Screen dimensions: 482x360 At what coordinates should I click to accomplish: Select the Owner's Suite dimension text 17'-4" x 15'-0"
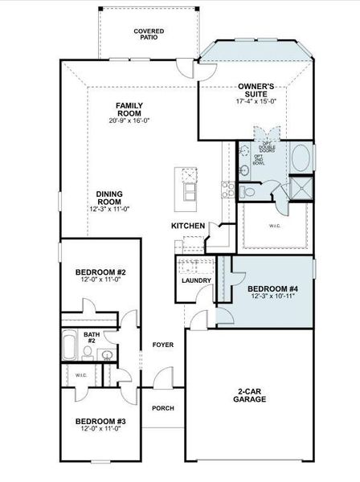pos(256,102)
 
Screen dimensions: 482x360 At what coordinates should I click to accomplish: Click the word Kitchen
pos(187,227)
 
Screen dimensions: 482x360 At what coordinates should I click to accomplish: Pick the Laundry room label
pos(197,280)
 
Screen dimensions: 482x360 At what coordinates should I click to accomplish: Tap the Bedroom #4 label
pos(272,288)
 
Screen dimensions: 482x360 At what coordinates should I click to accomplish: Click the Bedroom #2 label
pos(100,272)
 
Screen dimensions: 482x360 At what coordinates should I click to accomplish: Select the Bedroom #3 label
pos(100,421)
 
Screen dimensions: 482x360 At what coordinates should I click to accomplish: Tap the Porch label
pos(163,407)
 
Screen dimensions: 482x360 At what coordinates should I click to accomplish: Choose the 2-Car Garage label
pos(249,395)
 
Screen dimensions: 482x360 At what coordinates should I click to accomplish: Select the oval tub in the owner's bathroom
pos(302,157)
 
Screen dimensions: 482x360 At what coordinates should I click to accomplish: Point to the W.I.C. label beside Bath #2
pos(80,374)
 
